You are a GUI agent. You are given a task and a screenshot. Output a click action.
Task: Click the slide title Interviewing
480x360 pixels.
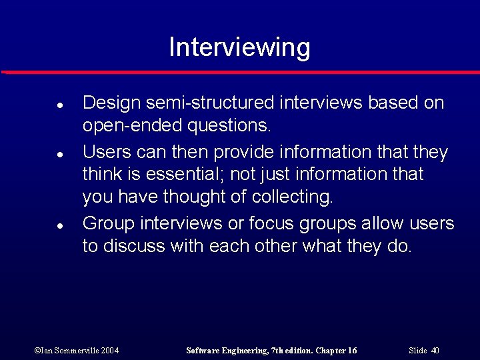(x=239, y=48)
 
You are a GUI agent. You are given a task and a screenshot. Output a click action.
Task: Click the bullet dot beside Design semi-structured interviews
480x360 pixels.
(x=59, y=105)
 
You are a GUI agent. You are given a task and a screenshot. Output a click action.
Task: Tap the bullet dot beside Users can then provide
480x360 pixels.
(x=59, y=154)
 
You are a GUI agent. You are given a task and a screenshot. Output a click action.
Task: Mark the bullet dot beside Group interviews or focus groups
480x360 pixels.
(x=59, y=225)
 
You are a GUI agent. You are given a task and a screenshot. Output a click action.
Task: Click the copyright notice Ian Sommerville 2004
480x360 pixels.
(x=77, y=350)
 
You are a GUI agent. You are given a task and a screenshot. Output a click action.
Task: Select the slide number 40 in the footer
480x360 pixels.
(x=435, y=350)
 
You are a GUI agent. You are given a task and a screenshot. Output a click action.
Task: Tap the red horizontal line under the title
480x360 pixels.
(x=240, y=72)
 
